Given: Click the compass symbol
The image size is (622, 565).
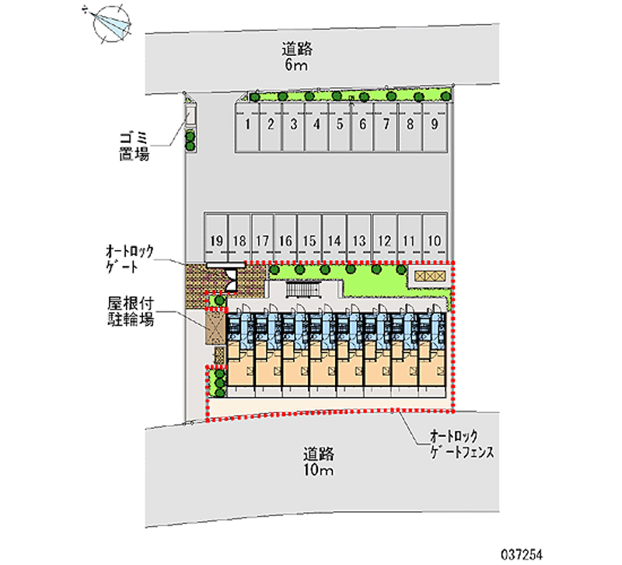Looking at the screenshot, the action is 110,23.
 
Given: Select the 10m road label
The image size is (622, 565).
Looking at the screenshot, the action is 319,462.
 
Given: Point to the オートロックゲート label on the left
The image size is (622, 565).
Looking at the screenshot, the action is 131,260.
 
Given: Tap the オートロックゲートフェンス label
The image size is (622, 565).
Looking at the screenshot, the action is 458,446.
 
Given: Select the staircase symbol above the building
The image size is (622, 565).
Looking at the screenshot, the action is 301,290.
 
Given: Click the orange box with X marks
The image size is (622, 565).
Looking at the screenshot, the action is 428,276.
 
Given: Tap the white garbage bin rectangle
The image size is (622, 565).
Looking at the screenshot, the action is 190,115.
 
